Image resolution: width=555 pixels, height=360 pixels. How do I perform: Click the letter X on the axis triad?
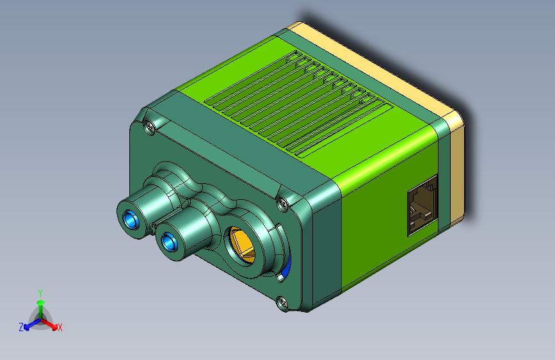point(60,327)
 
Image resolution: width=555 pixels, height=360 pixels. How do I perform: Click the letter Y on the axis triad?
point(40,293)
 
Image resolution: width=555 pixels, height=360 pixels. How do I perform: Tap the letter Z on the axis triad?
point(21,327)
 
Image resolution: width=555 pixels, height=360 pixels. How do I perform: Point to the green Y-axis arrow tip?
point(41,302)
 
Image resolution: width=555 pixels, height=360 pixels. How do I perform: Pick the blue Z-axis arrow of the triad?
point(32,324)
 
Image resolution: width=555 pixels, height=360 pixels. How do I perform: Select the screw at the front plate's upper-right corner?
point(282,203)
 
